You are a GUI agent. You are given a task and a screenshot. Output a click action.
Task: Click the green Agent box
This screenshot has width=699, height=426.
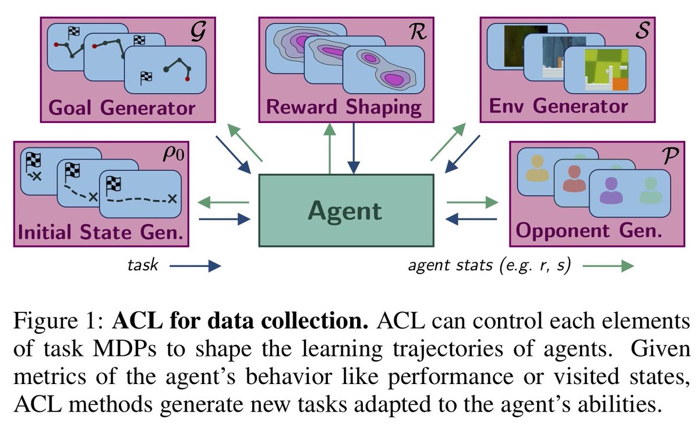345,210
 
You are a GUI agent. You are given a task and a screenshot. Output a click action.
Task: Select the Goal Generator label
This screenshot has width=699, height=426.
122,108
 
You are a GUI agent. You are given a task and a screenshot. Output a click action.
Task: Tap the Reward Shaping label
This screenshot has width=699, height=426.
344,108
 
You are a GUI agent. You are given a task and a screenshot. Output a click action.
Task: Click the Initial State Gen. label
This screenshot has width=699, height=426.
101,233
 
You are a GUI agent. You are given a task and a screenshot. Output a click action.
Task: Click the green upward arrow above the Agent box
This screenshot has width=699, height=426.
330,149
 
